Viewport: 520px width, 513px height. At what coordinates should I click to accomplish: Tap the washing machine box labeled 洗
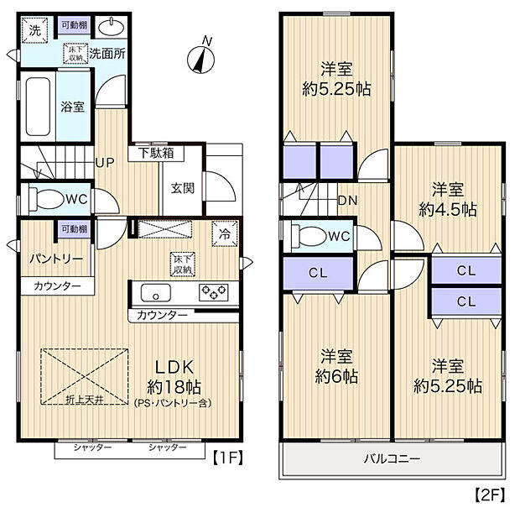[34, 30]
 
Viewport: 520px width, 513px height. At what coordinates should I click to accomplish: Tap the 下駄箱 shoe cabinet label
[156, 154]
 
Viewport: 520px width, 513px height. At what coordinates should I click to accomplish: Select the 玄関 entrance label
[182, 187]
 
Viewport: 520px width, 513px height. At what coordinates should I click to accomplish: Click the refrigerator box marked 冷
[224, 234]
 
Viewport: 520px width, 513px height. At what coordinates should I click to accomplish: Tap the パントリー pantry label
[55, 259]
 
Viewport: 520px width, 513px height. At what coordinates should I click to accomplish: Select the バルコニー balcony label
[392, 459]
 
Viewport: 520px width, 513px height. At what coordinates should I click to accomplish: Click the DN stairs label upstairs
[346, 200]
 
